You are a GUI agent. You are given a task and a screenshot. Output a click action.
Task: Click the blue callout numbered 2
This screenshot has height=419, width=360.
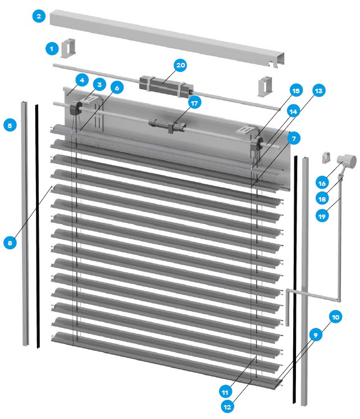click(39, 16)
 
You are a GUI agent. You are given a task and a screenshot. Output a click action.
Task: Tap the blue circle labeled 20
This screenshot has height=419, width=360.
click(180, 65)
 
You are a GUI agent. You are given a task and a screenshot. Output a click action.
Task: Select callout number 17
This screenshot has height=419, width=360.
click(194, 103)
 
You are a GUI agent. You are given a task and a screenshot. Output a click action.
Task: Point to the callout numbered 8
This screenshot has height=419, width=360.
click(10, 243)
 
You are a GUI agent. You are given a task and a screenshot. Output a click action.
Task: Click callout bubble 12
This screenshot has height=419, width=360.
click(227, 407)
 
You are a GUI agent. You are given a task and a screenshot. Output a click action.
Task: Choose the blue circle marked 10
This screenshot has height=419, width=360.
click(335, 317)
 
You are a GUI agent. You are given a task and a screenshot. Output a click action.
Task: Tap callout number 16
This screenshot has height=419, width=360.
click(322, 183)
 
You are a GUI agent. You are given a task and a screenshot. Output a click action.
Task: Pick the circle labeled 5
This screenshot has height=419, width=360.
click(10, 125)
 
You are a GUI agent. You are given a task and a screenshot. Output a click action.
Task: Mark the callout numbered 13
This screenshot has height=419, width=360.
click(318, 91)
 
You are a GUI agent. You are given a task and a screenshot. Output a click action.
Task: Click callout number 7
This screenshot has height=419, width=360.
click(294, 138)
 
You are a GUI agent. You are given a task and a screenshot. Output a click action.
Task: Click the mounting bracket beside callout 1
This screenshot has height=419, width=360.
click(68, 48)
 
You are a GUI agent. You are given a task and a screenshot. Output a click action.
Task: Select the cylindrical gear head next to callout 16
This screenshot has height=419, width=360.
click(347, 161)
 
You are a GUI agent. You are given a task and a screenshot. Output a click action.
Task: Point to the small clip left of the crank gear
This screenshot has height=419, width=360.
click(326, 157)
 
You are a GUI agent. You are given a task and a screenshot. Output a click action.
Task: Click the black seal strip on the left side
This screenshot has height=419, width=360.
click(38, 226)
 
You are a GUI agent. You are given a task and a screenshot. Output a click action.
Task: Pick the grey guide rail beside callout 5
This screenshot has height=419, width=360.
click(25, 223)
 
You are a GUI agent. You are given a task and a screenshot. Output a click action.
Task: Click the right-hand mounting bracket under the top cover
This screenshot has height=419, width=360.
click(265, 86)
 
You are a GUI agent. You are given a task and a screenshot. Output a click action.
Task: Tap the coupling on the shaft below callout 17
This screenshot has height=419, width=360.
click(168, 125)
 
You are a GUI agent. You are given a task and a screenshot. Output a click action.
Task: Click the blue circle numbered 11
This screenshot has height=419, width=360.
click(225, 392)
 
